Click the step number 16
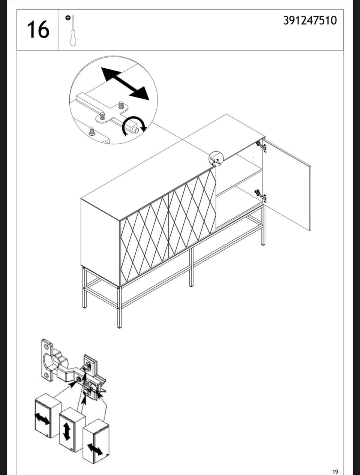(38, 30)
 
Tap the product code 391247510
(310, 21)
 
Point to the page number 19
(335, 470)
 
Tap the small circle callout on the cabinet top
(216, 159)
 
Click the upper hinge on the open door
(261, 146)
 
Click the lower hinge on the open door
(261, 196)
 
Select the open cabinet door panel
(286, 185)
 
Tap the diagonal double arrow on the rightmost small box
(95, 449)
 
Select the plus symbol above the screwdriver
(68, 18)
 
